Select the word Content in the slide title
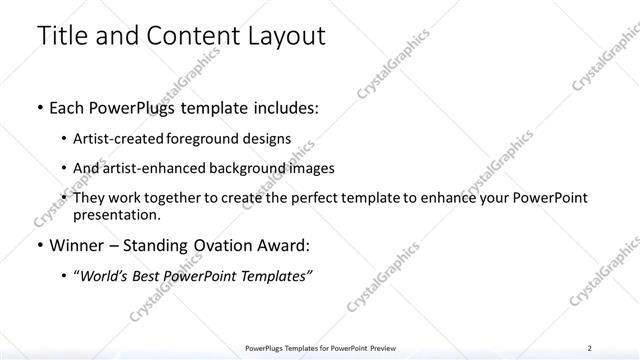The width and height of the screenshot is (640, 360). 191,38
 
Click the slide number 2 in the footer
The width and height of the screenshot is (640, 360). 590,348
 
